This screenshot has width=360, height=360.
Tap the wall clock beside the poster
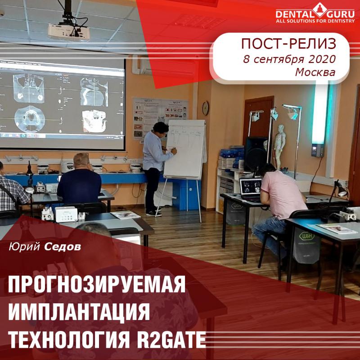pyautogui.click(x=205, y=108)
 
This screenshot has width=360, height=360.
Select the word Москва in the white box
pyautogui.click(x=315, y=72)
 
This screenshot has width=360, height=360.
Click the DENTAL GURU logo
pyautogui.click(x=315, y=13)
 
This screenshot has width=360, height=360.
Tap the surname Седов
pyautogui.click(x=63, y=247)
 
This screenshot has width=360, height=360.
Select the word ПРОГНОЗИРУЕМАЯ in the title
pyautogui.click(x=97, y=285)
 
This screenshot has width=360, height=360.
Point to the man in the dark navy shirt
pyautogui.click(x=80, y=180)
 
